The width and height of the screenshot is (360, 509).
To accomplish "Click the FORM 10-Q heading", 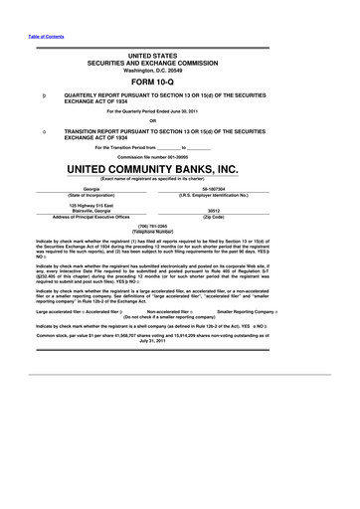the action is [x=179, y=83].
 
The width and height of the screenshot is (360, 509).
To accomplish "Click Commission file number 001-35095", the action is [x=179, y=156].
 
